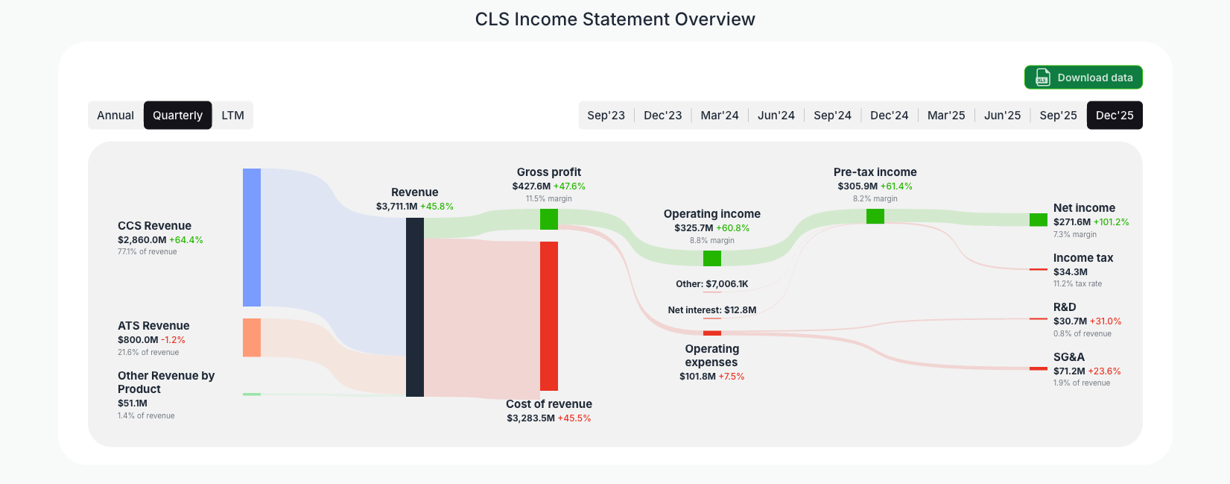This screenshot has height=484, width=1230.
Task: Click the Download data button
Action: pos(1082,78)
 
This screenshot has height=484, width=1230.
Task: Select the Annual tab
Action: pos(115,116)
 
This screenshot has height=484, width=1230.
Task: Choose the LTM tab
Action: pos(232,116)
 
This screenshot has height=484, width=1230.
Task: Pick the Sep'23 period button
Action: pos(606,116)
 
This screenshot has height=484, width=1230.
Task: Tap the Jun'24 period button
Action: pos(776,116)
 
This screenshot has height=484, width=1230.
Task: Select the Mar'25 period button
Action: pos(945,116)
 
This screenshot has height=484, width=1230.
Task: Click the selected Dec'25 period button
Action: pos(1114,116)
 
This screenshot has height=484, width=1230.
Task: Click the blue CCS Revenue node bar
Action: pos(252,237)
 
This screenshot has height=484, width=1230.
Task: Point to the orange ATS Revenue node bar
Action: pos(252,337)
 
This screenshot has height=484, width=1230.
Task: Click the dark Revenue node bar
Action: pos(414,307)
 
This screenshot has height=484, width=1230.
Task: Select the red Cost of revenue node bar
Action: pos(549,315)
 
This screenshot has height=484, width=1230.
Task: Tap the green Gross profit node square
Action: pos(549,219)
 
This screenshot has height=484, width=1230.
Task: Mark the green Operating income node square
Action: pos(712,258)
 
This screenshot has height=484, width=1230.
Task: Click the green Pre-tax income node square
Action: pos(875,216)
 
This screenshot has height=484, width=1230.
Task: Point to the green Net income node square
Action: pos(1038,220)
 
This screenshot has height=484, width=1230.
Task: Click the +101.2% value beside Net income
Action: pos(1111,222)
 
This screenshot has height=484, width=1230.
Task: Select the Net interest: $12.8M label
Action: pos(711,310)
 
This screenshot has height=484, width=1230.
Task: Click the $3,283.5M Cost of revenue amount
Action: pos(530,418)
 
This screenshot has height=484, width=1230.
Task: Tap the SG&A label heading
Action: pos(1068,357)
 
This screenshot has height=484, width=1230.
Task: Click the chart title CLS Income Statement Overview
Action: pos(615,19)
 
